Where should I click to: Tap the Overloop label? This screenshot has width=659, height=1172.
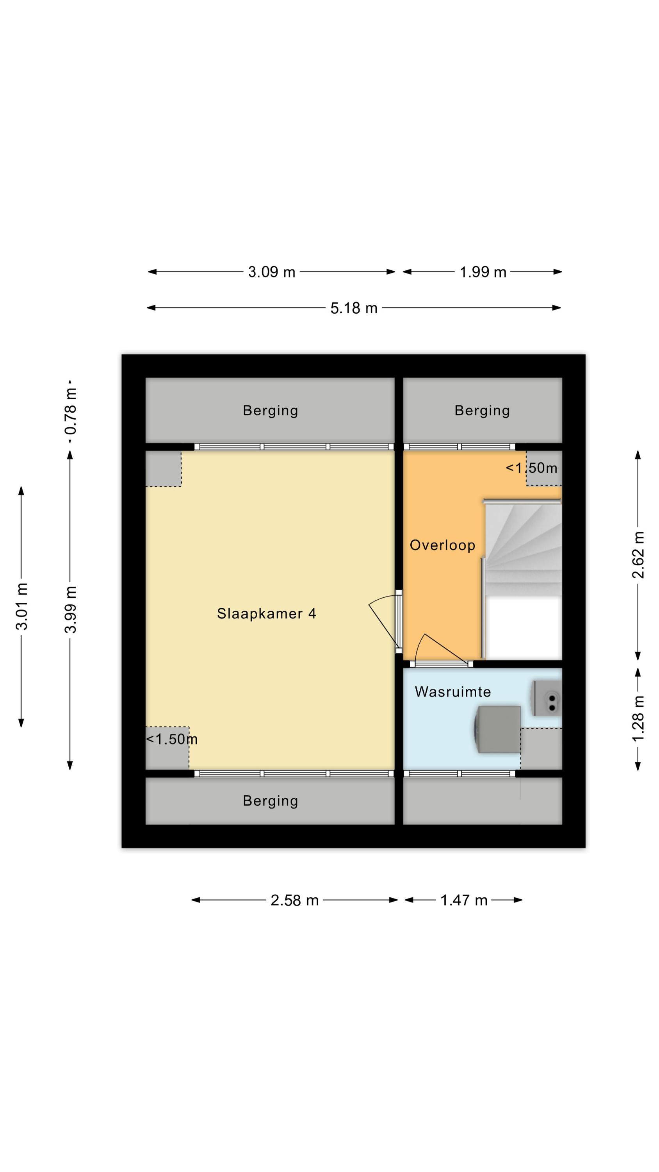coord(442,545)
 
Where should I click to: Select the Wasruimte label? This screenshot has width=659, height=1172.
coord(452,692)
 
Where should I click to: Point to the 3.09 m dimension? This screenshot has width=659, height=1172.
coord(271,272)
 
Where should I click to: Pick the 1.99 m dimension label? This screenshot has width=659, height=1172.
coord(483,272)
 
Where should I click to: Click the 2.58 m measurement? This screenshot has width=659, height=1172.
coord(294,900)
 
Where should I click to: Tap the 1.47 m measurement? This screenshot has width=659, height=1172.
coord(463,900)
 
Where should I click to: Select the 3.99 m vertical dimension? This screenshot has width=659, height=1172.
coord(71,610)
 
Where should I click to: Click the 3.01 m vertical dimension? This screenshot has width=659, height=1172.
coord(21,606)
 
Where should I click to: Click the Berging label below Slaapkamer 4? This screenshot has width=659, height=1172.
coord(270,801)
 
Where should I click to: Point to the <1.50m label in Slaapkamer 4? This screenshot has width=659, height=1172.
coord(171,739)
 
